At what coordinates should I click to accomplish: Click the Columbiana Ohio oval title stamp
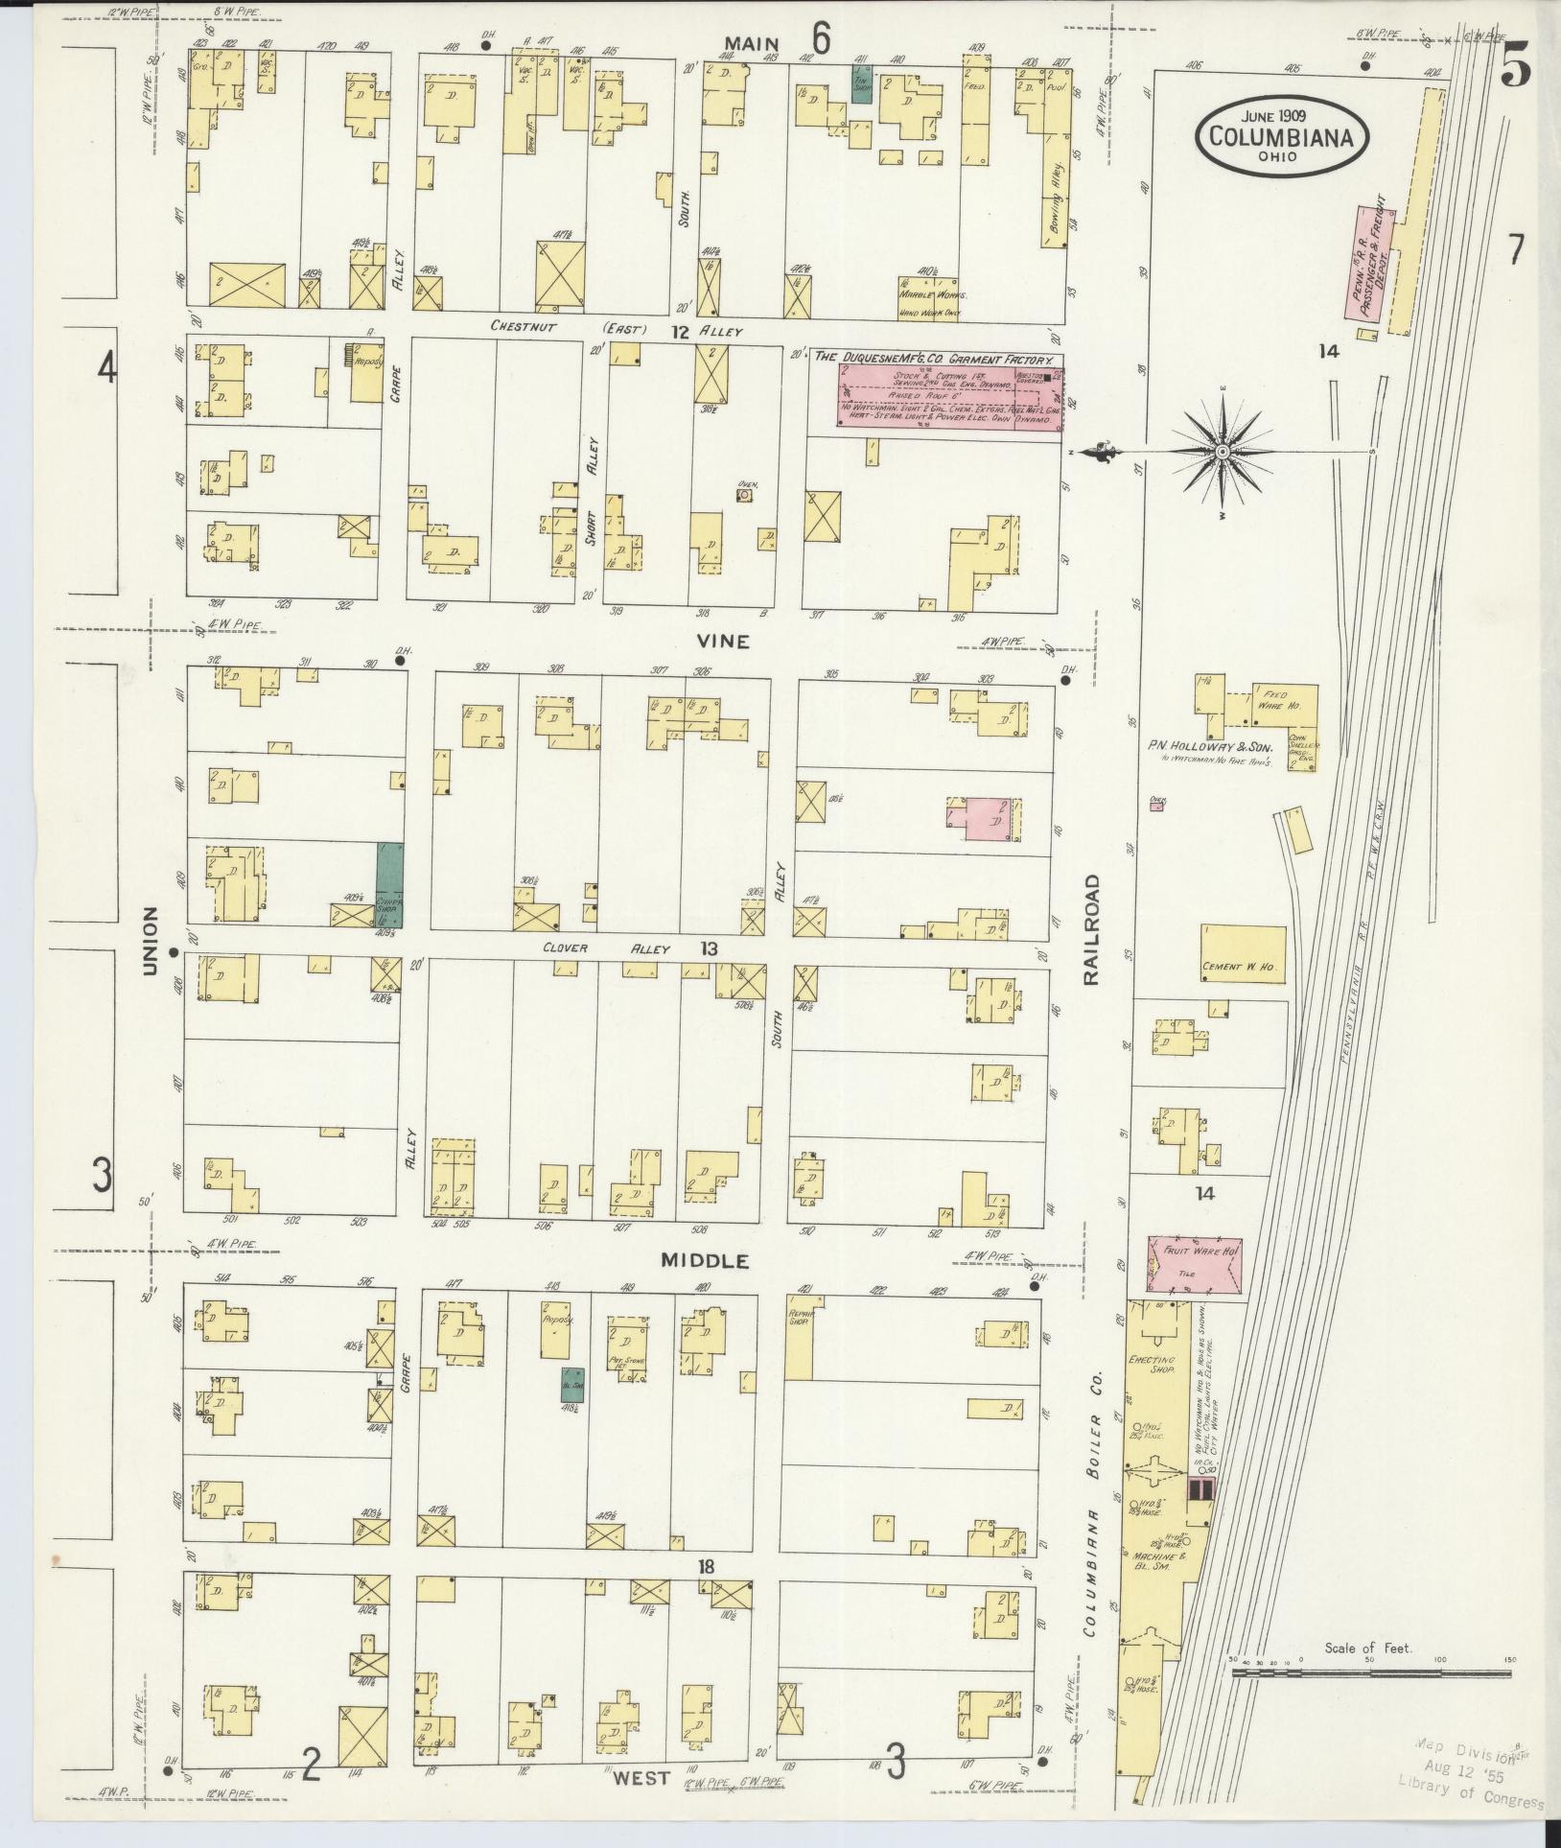(x=1281, y=136)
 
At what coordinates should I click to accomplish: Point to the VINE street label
(x=724, y=642)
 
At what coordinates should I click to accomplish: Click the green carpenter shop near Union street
(x=389, y=883)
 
